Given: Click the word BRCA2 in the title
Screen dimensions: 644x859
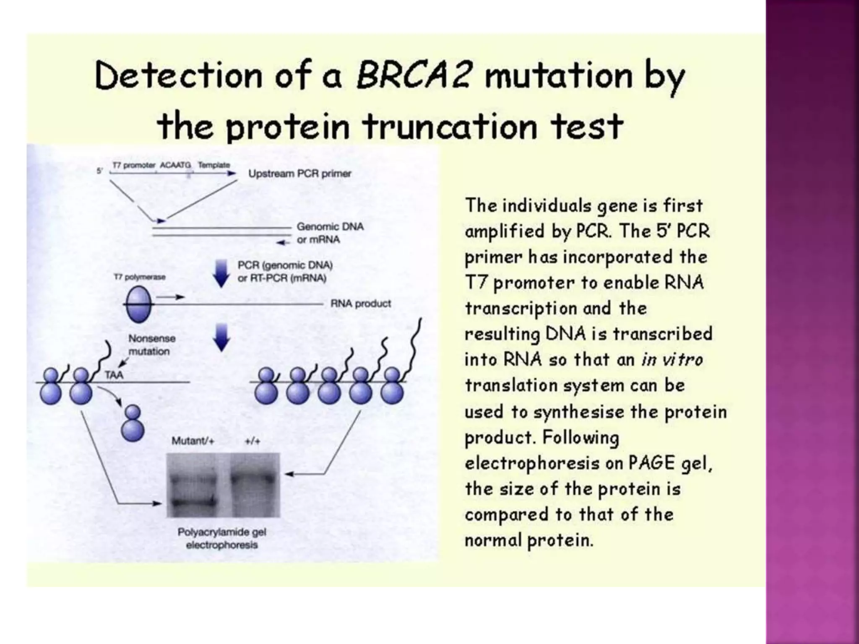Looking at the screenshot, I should coord(414,76).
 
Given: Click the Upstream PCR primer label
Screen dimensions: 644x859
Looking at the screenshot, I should coord(299,174).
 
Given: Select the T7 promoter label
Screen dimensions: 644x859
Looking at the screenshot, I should coord(134,165).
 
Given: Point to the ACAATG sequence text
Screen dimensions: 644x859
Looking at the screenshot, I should coord(175,165).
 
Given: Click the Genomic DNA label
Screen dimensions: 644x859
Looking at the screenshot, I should coord(330,227).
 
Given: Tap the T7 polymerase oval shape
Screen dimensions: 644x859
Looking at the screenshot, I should coord(138,304).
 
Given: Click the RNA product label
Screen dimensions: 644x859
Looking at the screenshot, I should coord(361,304).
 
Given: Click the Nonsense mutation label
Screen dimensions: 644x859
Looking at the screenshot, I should coord(151,345).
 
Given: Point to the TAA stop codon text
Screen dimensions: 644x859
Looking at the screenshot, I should coord(114,375).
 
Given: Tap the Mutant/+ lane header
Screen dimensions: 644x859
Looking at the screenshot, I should coord(193,441).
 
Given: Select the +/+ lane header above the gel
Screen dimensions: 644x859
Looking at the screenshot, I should coord(252,441).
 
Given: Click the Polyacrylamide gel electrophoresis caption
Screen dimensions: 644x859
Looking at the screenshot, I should coord(222,538).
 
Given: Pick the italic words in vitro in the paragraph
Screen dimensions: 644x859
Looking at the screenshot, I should coord(672,360).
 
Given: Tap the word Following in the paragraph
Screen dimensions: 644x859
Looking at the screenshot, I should coord(580,437).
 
